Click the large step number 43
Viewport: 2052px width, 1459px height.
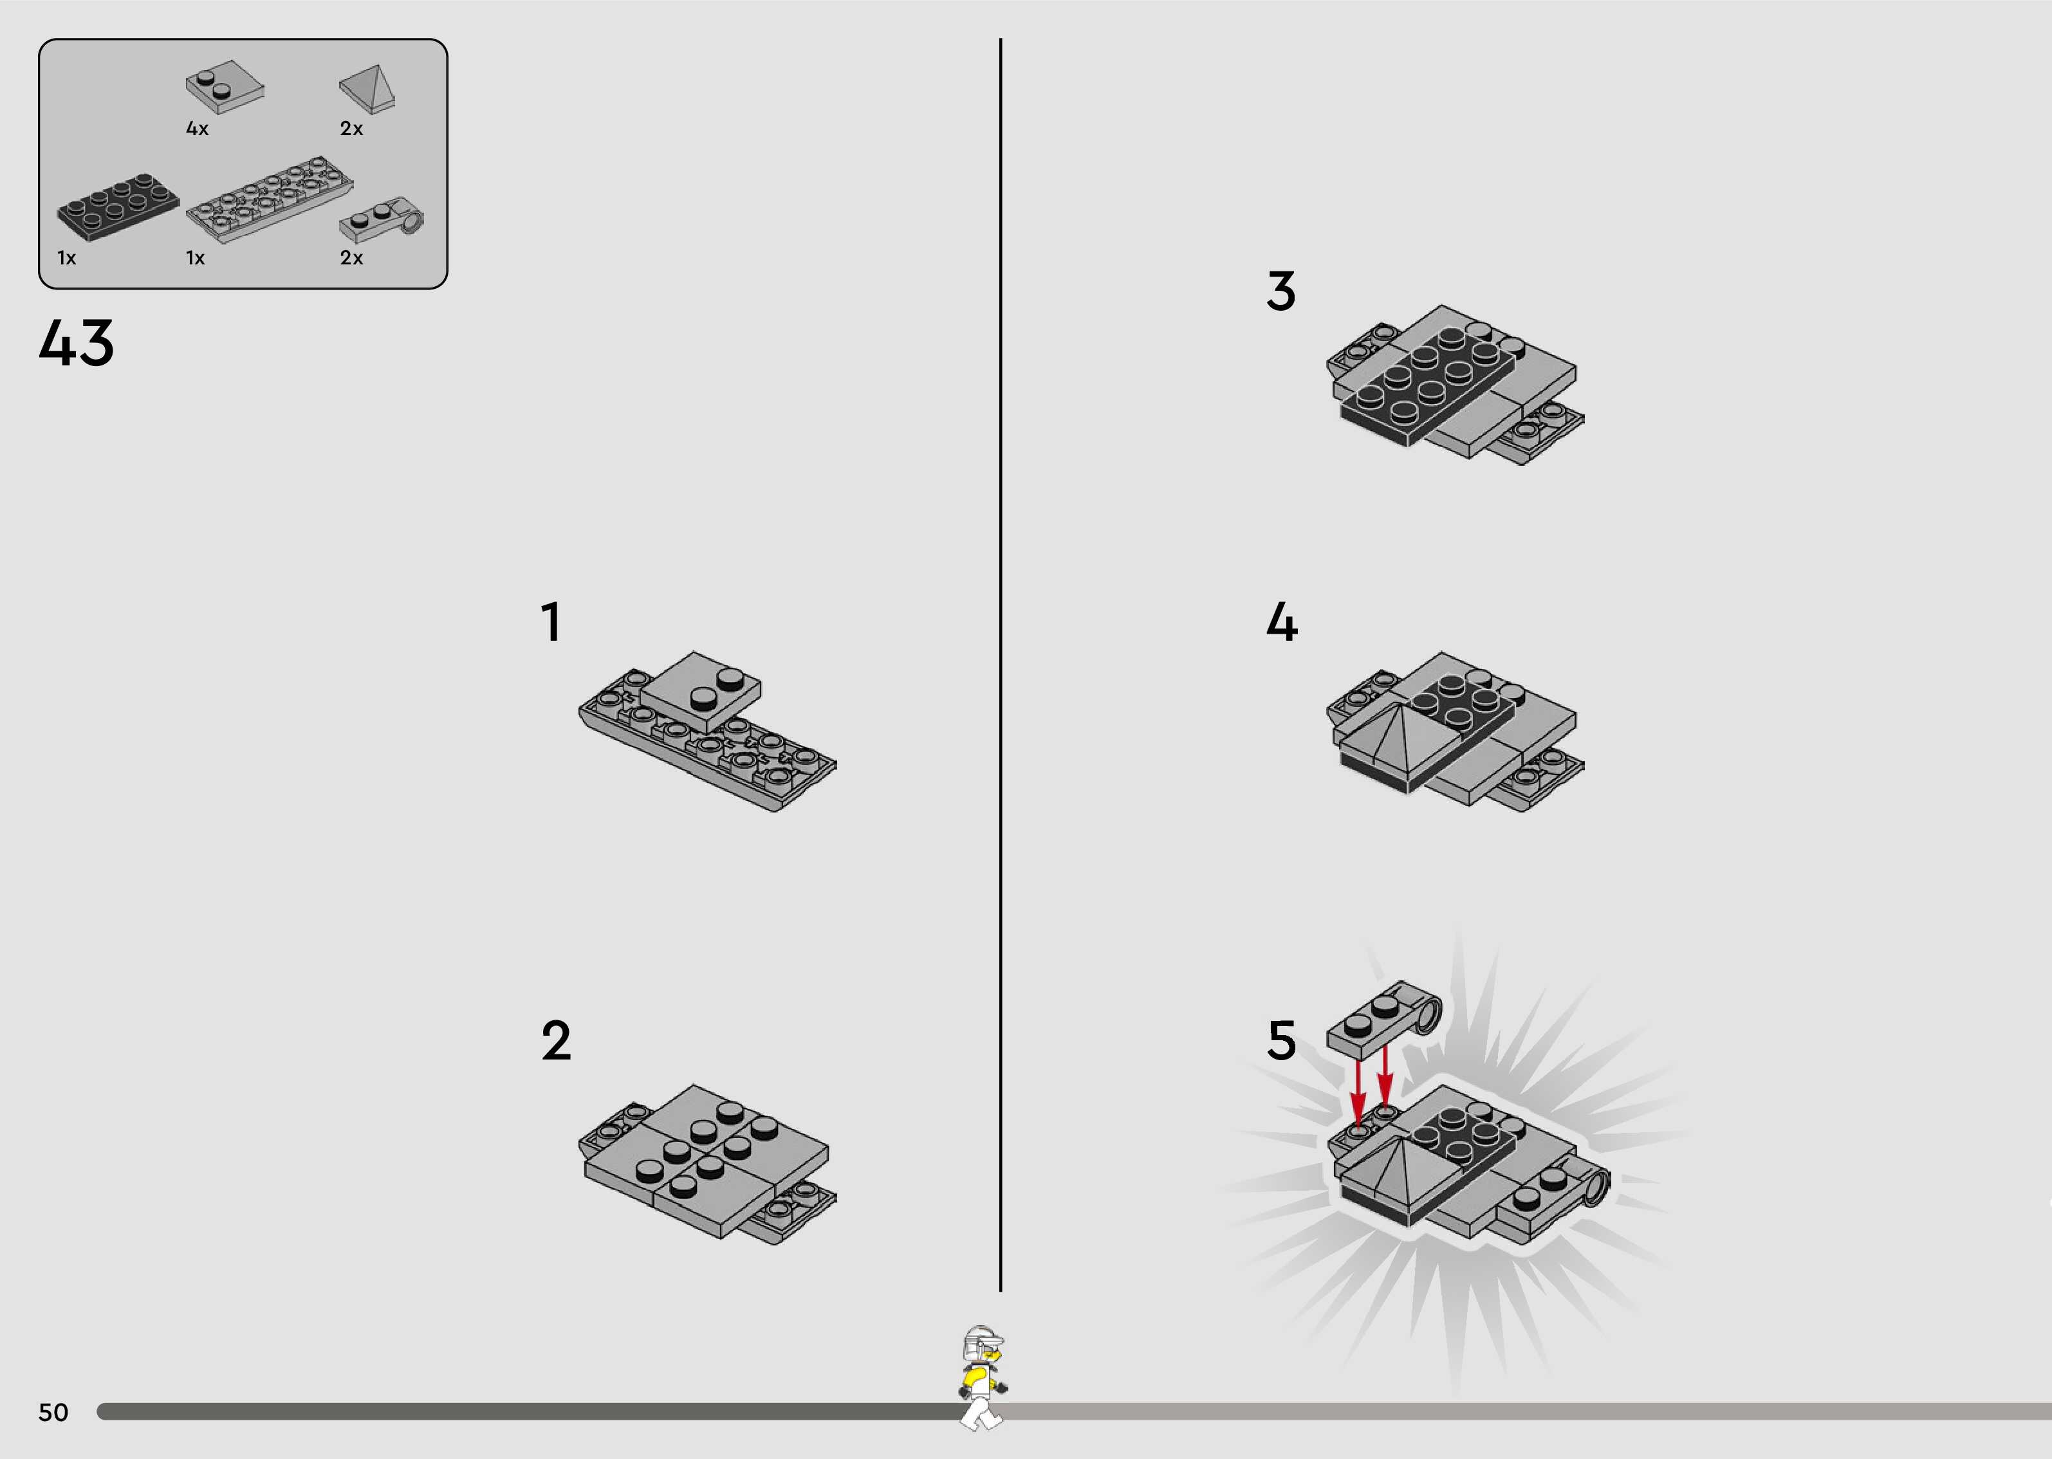coord(77,342)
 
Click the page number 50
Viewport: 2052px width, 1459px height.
coord(53,1412)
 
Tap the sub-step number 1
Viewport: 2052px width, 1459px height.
coord(551,621)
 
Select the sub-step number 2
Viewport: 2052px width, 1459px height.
coord(556,1040)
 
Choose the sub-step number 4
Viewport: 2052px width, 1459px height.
coord(1282,621)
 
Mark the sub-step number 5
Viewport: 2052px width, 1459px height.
coord(1282,1040)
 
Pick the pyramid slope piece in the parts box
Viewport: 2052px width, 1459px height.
coord(367,89)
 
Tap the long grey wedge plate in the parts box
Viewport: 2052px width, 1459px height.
coord(270,199)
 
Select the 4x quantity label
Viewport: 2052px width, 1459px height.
coord(198,129)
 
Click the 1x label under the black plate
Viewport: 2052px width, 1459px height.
coord(66,258)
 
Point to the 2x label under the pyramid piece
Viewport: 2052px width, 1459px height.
coord(351,129)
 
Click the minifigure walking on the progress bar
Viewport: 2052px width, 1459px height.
coord(982,1377)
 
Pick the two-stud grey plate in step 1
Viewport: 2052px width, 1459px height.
coord(701,691)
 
